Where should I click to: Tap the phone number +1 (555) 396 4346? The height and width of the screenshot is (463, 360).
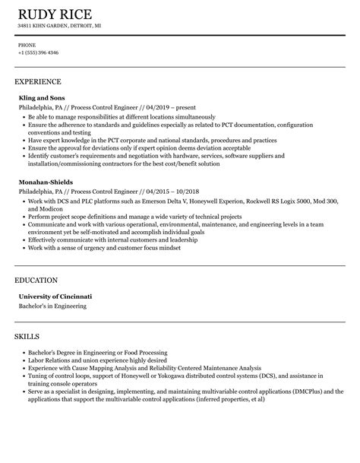coord(39,52)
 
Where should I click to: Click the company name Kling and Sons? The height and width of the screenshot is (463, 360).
coord(42,98)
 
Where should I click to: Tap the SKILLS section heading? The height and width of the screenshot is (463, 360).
coord(28,314)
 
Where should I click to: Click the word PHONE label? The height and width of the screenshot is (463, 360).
coord(27,45)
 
